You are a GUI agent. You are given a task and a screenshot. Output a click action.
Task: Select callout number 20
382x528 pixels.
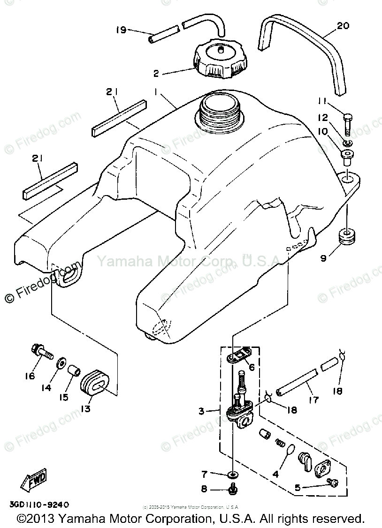click(343, 26)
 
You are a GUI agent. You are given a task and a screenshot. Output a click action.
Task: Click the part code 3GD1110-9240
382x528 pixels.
click(39, 505)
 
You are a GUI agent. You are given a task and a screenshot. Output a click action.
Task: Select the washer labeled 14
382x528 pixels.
click(61, 363)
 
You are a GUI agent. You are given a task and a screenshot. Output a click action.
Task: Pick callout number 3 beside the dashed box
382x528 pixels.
click(201, 411)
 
